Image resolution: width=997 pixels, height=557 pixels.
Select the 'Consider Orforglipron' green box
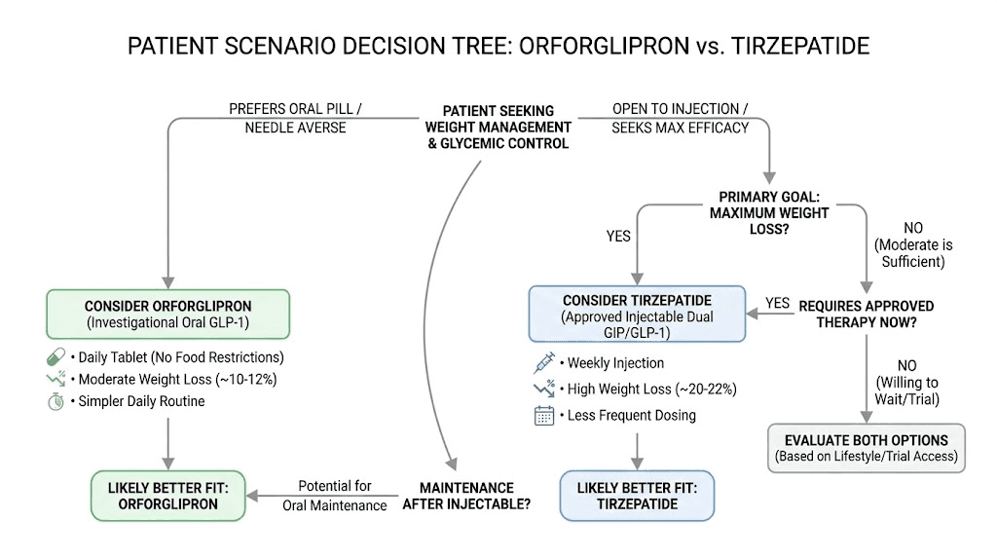[169, 314]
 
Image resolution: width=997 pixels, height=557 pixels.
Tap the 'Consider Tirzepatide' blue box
[637, 314]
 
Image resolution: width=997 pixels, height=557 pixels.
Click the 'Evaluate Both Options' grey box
[867, 448]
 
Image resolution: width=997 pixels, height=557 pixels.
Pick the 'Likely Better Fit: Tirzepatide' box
[637, 495]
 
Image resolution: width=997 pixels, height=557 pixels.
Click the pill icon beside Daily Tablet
[55, 356]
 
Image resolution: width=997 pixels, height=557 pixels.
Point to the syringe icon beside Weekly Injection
[543, 363]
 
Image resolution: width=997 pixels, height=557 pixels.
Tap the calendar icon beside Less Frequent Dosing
[543, 416]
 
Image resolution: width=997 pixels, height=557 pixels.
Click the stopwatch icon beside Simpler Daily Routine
[55, 401]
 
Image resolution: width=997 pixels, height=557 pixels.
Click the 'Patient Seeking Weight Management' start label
[498, 127]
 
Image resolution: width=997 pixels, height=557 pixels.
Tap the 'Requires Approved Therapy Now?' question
[867, 314]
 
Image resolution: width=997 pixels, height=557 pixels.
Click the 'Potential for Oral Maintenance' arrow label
[335, 495]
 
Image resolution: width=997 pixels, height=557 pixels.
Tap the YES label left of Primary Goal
[618, 236]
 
